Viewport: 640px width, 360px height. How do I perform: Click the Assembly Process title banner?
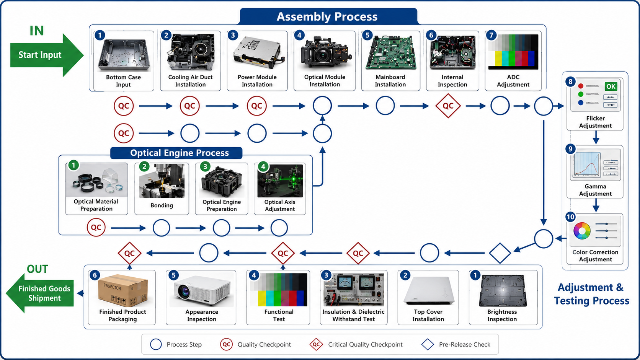click(x=328, y=16)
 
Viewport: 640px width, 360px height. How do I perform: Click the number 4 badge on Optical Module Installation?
click(x=299, y=36)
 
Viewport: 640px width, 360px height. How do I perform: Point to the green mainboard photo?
click(x=390, y=52)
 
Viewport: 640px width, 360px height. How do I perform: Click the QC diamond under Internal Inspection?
click(x=448, y=106)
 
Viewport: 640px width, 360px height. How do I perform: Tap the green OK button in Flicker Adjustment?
click(x=611, y=86)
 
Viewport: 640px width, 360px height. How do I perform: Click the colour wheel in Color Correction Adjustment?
click(x=582, y=231)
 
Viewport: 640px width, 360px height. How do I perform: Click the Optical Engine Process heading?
click(x=180, y=153)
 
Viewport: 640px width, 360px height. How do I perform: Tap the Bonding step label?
click(x=162, y=205)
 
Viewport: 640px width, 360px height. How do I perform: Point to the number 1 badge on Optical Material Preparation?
click(x=73, y=165)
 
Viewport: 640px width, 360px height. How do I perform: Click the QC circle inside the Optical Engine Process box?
click(x=96, y=227)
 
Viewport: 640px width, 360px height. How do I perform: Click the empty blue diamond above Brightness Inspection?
click(x=500, y=253)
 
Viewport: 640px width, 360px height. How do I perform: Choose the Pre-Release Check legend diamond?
click(x=428, y=344)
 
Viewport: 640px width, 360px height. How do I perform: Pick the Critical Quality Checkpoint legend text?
click(x=365, y=345)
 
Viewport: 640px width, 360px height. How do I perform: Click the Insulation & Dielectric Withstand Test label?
click(x=353, y=316)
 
